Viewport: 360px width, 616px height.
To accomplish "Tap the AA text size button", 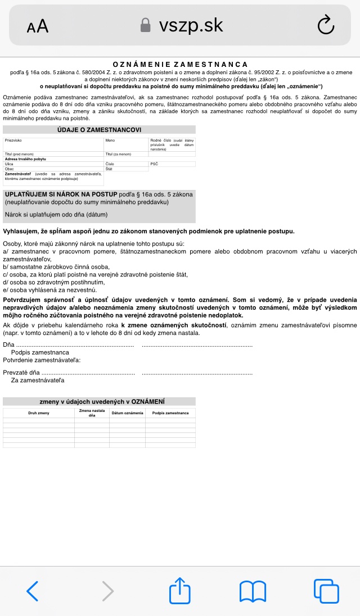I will click(x=38, y=26).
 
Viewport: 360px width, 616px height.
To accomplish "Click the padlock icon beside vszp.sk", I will click(x=146, y=25).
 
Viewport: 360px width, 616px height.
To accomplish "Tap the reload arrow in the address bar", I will click(x=326, y=25).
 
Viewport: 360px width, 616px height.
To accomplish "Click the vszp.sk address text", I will click(x=191, y=25).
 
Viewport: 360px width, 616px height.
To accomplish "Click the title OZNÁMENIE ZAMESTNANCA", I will click(x=180, y=65).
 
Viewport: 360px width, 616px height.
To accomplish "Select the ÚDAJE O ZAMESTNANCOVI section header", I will click(x=99, y=130).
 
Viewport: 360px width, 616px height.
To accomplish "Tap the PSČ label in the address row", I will click(x=154, y=164).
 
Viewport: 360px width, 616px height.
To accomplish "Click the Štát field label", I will click(x=109, y=169).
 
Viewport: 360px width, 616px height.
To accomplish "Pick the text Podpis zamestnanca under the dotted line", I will click(x=40, y=352).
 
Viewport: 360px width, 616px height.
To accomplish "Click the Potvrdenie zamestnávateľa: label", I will click(x=42, y=360).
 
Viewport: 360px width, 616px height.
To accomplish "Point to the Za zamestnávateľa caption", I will click(x=38, y=380).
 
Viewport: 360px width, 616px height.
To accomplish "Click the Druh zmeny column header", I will click(x=39, y=413).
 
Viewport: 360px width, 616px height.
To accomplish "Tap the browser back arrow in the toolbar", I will click(x=33, y=591).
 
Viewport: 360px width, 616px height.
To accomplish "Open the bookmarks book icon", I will click(x=253, y=591).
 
